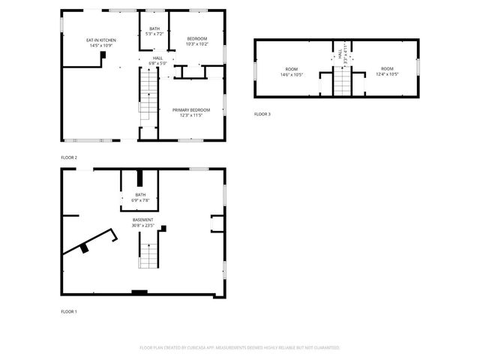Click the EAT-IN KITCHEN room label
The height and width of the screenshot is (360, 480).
point(100,39)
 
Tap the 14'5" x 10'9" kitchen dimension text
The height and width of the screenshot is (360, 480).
point(100,45)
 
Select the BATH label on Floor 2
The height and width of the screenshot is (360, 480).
point(154,28)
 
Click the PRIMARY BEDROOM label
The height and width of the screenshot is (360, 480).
point(191,110)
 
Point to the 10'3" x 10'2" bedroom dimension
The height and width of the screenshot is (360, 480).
point(196,44)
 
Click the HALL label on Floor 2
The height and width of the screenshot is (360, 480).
point(158,58)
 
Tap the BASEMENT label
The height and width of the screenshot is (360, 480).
point(143,220)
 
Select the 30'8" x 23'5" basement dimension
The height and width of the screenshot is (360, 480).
point(143,226)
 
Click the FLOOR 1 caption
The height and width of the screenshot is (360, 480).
point(69,310)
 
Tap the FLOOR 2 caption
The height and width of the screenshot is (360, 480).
point(69,157)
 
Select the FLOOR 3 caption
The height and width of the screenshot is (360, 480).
point(262,114)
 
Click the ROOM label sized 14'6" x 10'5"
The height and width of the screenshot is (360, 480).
point(291,68)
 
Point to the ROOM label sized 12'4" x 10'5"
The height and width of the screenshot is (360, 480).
point(388,68)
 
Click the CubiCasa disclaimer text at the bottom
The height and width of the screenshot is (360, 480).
point(240,348)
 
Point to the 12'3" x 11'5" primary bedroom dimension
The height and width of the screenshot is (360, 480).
point(191,116)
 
